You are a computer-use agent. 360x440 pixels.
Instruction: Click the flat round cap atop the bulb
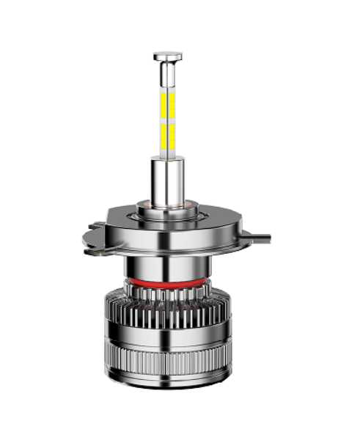click(168, 55)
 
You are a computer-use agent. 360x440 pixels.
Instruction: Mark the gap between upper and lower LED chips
click(168, 120)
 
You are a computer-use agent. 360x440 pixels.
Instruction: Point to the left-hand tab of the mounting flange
click(92, 233)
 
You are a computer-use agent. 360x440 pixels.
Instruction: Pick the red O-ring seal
click(169, 282)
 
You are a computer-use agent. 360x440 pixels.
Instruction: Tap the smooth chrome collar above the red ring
click(169, 265)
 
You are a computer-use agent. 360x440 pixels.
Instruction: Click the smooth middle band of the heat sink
click(169, 339)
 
